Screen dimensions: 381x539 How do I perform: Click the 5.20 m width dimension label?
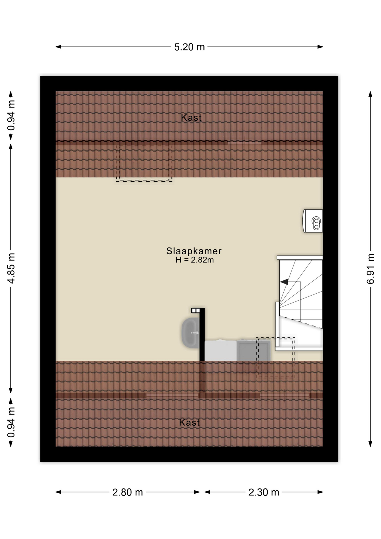click(x=189, y=47)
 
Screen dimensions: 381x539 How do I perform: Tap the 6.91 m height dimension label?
click(x=370, y=269)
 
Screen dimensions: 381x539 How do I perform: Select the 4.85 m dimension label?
click(x=11, y=268)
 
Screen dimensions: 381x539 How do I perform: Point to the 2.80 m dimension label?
click(x=128, y=492)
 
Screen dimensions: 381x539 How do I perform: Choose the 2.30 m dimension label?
click(x=264, y=492)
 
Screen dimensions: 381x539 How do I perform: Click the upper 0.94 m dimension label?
click(x=11, y=115)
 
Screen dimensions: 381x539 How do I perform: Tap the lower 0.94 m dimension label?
click(x=11, y=422)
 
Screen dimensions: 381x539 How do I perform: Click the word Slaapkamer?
click(x=194, y=251)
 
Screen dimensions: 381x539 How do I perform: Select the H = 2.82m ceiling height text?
click(x=194, y=260)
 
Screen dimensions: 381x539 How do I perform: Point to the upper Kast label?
click(x=191, y=118)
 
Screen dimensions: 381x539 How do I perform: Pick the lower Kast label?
click(x=189, y=422)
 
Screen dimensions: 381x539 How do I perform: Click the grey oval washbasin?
click(x=191, y=333)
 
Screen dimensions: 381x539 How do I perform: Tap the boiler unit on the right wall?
click(x=313, y=221)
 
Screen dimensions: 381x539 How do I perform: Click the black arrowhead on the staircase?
click(x=284, y=282)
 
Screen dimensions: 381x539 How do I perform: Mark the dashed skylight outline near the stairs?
click(x=276, y=357)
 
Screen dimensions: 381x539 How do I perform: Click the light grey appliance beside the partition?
click(x=221, y=350)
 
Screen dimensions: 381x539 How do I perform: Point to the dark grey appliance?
click(x=253, y=350)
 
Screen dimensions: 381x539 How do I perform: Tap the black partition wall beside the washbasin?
click(x=202, y=334)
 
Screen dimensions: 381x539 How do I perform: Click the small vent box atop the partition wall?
click(x=195, y=310)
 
